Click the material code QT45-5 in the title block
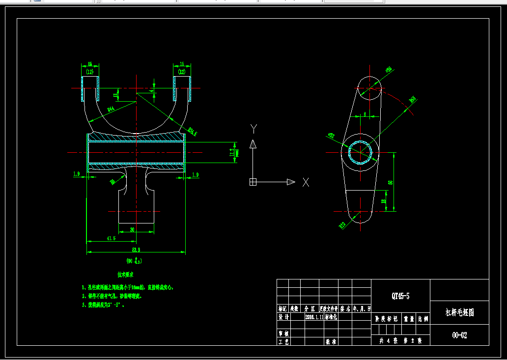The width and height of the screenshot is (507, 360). coord(400,296)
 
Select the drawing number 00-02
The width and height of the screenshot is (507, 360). coord(459,335)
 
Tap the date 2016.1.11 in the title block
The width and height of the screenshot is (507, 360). coord(314,317)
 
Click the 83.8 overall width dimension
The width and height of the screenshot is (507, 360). coord(136,249)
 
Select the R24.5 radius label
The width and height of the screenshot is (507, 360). coord(192,131)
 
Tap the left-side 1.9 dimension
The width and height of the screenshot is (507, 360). coord(76,174)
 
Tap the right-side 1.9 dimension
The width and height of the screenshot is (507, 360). coord(195,174)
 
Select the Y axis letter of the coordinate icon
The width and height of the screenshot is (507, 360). coord(253,129)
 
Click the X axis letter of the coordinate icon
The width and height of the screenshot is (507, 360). coord(306,182)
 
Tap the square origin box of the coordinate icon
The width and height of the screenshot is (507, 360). coord(253,182)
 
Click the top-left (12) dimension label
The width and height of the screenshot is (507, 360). coord(89,72)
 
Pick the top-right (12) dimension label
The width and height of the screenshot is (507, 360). coord(182,72)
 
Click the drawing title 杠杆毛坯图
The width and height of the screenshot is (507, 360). coord(459,312)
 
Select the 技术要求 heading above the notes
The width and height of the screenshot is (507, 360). coord(126,274)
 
